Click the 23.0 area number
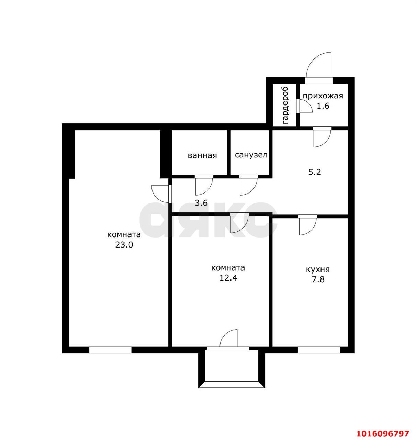(124, 245)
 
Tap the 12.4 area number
(228, 278)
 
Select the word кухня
(318, 269)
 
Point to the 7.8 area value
(318, 279)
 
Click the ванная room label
(202, 155)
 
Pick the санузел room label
(251, 155)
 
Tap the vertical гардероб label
(285, 105)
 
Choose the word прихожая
(323, 96)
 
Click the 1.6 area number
(323, 106)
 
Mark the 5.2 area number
(315, 172)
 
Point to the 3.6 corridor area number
(201, 203)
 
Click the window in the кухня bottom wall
(318, 350)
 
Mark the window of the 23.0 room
(110, 350)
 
